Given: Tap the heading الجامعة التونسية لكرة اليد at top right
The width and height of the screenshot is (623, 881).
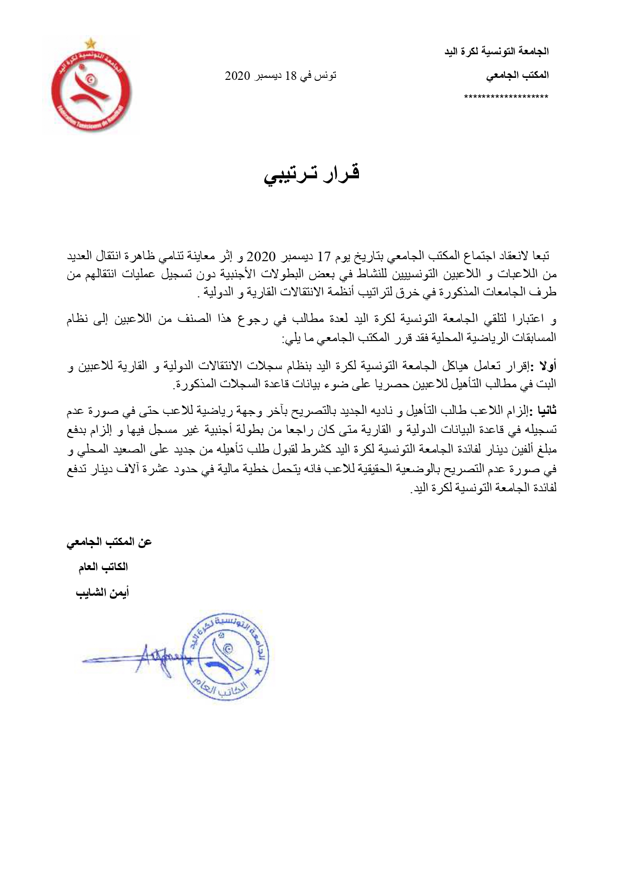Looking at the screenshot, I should (x=497, y=51).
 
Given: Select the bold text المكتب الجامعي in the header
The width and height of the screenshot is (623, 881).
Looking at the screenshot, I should (x=518, y=75).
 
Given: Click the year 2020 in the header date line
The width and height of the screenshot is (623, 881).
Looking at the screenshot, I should (x=237, y=76).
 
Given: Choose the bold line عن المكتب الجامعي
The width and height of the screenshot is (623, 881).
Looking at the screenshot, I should (x=109, y=542).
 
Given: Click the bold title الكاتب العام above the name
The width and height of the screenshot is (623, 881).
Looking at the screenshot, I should (x=103, y=567).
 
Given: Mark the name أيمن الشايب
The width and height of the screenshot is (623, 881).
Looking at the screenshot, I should (x=102, y=593).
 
